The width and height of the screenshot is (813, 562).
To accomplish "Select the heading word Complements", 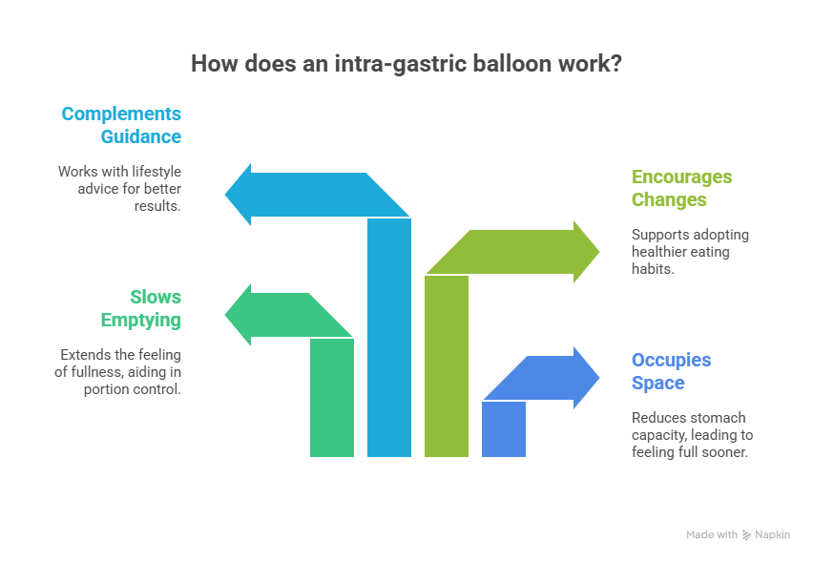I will coord(121,114).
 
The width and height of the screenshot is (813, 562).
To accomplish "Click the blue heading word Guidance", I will coord(141,136).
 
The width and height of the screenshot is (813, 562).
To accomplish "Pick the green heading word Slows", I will coord(156,297).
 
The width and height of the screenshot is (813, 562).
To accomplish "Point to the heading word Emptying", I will coord(141,320).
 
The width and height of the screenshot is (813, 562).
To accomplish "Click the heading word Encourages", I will coord(681,177).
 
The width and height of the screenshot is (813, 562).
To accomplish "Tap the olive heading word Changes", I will coord(669,199).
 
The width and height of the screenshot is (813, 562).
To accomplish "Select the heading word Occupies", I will coord(671,360).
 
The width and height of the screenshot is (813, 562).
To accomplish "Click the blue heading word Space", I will coord(657,383).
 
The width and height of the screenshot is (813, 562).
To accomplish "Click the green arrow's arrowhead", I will coord(236,314).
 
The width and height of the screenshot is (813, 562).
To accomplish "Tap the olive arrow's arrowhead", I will coord(587,252).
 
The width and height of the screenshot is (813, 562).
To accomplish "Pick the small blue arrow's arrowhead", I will coord(588,378).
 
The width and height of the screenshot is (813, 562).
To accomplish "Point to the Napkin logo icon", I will coord(746,535).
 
